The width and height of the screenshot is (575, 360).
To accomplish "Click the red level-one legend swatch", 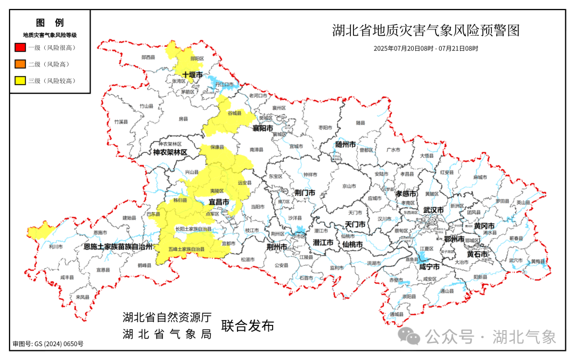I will click(21, 47).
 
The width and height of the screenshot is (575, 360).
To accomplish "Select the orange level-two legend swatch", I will click(21, 64).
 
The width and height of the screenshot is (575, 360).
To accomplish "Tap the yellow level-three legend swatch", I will click(21, 81).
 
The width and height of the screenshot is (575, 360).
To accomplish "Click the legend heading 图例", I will click(50, 23).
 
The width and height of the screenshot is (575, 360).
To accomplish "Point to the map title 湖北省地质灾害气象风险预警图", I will click(425, 30).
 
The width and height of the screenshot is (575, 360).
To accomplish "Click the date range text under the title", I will click(425, 48).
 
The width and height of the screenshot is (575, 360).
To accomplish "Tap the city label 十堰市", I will click(192, 75).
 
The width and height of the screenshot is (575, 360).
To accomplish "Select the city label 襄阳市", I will click(263, 129).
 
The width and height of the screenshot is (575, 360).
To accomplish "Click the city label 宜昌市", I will click(218, 202).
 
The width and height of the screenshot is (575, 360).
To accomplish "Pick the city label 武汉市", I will click(433, 210).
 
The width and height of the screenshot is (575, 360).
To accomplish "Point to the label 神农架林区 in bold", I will click(170, 152).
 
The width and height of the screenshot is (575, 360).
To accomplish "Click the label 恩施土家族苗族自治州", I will click(118, 247).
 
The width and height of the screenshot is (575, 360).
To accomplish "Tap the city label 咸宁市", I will click(429, 266).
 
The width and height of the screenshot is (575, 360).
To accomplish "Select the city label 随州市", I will click(346, 144).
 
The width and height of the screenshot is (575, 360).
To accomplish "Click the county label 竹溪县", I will click(121, 122).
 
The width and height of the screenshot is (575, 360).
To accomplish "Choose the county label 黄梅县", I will click(538, 261).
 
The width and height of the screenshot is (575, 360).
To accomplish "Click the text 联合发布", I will click(248, 326).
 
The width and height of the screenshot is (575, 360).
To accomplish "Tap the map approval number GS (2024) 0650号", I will click(48, 344).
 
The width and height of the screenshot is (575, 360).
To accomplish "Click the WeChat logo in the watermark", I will click(410, 336).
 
